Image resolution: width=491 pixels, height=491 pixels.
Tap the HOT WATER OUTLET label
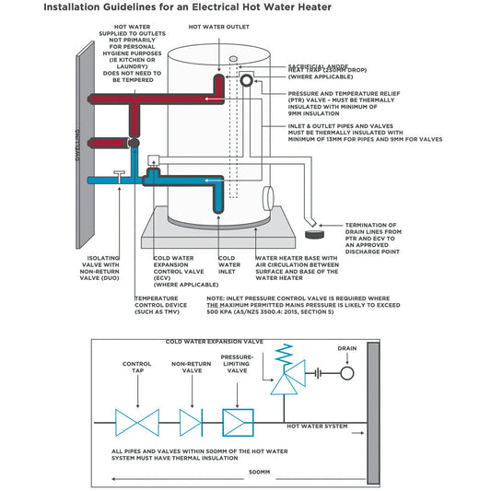click(x=218, y=28)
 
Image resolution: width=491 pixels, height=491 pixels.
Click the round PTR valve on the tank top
click(x=247, y=80)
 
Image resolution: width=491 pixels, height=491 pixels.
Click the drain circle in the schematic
click(x=346, y=374)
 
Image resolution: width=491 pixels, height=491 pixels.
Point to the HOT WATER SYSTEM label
click(x=318, y=427)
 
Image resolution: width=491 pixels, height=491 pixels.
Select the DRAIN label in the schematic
click(x=346, y=349)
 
